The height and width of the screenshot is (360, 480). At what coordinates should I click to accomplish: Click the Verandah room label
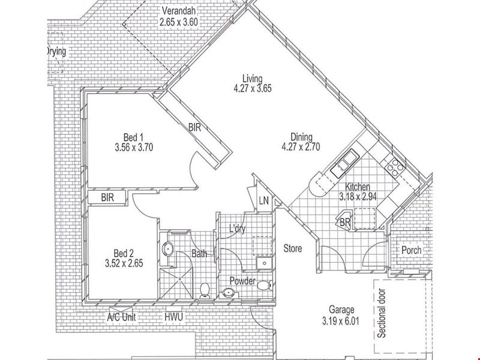[x=178, y=11]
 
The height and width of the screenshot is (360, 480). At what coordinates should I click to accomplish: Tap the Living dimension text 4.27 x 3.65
[x=253, y=88]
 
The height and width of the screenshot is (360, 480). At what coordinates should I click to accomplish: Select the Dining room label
[x=301, y=137]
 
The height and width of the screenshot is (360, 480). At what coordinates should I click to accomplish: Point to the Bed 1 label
[x=133, y=137]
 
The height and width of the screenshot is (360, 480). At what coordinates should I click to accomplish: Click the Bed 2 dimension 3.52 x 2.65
[x=124, y=263]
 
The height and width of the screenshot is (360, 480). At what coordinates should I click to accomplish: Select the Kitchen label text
[x=358, y=187]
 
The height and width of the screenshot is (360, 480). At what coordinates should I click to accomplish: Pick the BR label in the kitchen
[x=345, y=222]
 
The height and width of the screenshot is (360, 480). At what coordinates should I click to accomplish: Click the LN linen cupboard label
[x=263, y=201]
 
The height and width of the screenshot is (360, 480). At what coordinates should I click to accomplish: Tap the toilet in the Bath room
[x=204, y=290]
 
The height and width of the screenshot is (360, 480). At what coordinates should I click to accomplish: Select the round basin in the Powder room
[x=228, y=293]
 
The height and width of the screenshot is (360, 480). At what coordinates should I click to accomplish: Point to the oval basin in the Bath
[x=168, y=249]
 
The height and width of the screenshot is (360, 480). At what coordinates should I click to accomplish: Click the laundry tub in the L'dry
[x=264, y=263]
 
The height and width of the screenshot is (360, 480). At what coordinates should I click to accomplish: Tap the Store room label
[x=293, y=248]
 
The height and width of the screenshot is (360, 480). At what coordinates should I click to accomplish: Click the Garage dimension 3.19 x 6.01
[x=340, y=321]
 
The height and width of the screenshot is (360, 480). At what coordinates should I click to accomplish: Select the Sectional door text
[x=382, y=313]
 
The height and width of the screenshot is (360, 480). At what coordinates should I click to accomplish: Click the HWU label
[x=173, y=317]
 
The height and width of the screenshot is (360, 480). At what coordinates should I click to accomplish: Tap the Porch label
[x=412, y=250]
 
